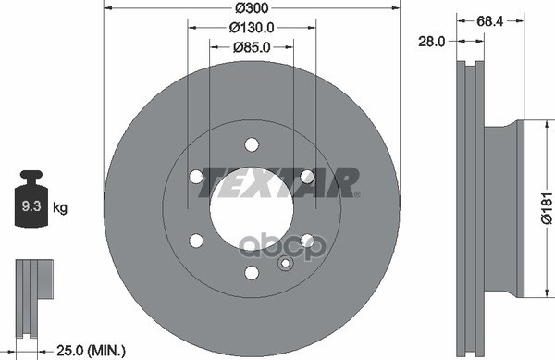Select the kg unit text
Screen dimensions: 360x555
click(61, 209)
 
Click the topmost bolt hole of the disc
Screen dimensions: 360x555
click(252, 143)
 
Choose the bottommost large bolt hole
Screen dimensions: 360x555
click(252, 272)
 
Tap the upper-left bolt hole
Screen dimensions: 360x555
click(196, 176)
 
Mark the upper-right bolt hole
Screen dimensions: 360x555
click(307, 176)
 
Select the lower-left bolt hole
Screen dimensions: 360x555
click(196, 241)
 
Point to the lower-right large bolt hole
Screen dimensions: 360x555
click(307, 241)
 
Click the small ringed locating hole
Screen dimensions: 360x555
click(285, 265)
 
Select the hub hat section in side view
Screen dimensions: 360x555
click(507, 208)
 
